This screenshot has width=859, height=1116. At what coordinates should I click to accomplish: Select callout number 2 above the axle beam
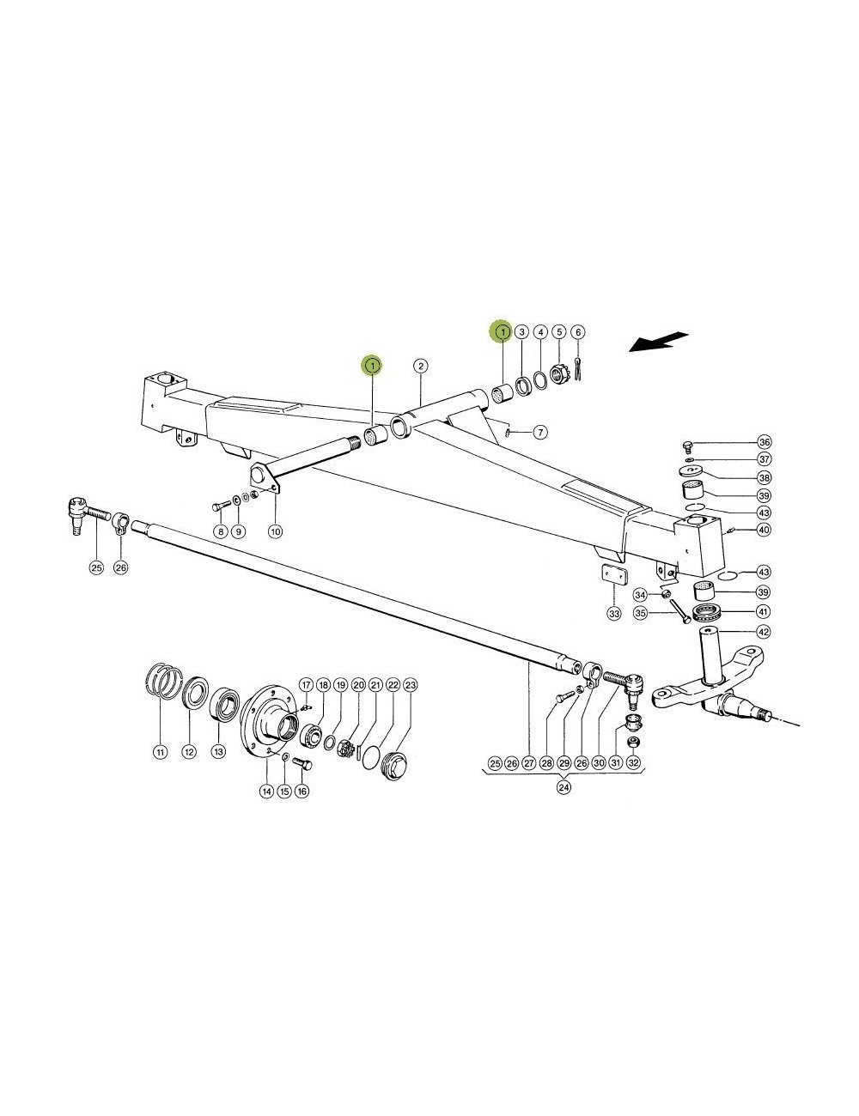tap(420, 367)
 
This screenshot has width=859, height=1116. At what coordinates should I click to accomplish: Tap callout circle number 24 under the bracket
tap(564, 788)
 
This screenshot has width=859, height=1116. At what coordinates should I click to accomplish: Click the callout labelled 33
tap(612, 614)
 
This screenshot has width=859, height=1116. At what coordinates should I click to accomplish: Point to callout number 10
tap(275, 532)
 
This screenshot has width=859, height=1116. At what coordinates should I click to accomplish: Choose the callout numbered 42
tap(764, 631)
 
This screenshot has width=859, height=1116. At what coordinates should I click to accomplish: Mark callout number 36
tap(764, 442)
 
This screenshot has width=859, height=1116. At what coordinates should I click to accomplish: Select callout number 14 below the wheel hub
tap(266, 791)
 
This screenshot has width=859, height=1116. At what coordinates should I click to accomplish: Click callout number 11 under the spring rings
tap(159, 752)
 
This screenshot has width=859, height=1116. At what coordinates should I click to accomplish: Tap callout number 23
tap(411, 685)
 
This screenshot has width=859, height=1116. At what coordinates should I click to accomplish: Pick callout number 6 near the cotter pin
tap(577, 331)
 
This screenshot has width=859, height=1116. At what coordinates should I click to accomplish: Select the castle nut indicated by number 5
tap(559, 378)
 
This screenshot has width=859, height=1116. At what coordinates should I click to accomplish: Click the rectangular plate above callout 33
tap(612, 576)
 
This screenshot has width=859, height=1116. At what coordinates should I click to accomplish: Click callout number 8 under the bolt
tap(219, 532)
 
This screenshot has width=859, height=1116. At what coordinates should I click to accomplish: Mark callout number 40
tap(764, 530)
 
